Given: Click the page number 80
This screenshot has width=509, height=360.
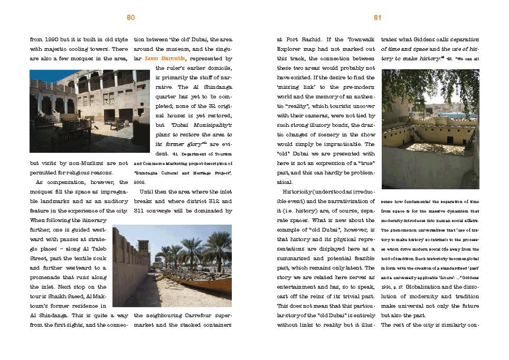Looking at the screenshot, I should point(131,18).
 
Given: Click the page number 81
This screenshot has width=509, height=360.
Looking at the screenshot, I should point(378,18).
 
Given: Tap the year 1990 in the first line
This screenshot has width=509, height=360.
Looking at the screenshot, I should point(51,40).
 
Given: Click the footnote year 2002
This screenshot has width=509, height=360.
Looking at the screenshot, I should point(139,182).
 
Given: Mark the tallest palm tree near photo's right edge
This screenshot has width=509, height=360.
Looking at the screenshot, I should point(218,249).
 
